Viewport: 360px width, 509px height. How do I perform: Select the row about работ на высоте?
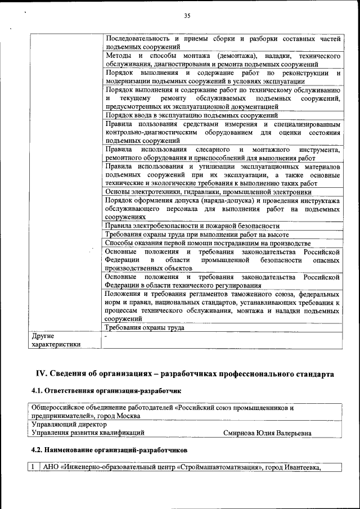[x=197, y=235]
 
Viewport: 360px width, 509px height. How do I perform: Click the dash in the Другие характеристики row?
[x=106, y=336]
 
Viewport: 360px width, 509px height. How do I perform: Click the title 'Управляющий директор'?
[x=69, y=425]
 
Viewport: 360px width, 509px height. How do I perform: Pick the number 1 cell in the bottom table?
[x=34, y=467]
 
